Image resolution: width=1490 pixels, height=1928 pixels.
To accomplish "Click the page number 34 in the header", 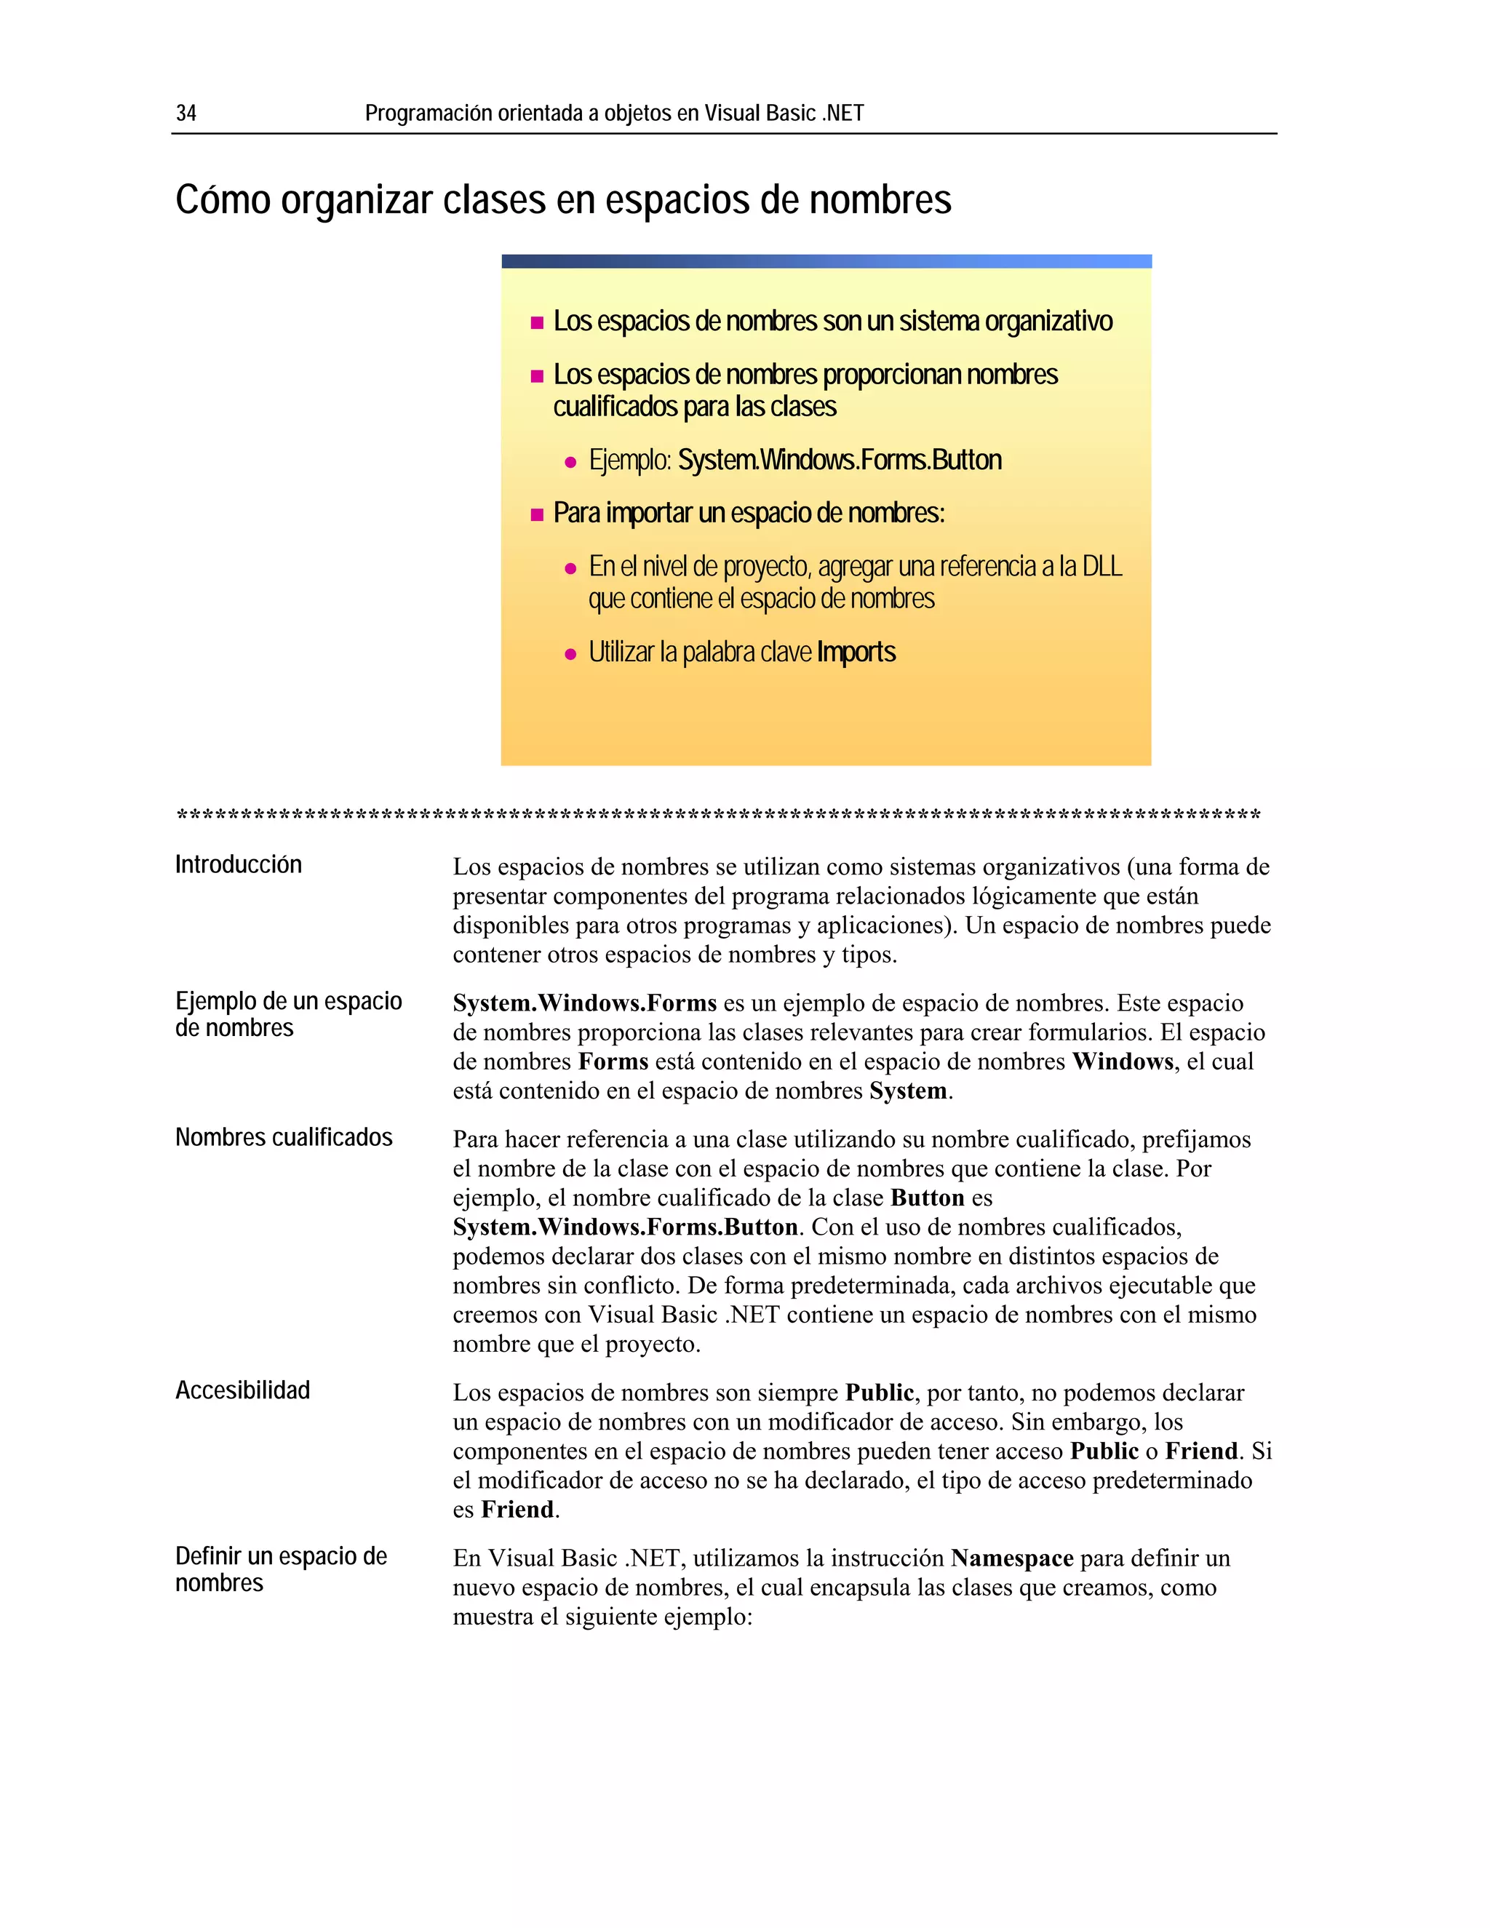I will click(186, 113).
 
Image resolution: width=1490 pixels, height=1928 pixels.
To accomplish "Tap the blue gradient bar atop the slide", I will click(826, 261).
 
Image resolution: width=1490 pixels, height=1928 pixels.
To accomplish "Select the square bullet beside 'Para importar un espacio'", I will click(537, 514).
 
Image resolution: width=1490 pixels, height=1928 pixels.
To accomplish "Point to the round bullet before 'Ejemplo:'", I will click(570, 463).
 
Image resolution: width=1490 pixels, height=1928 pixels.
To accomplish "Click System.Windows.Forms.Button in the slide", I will click(840, 460).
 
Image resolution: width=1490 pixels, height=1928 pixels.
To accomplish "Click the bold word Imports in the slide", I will click(856, 653).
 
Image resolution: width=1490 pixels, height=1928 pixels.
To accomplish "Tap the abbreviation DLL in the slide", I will click(1101, 567).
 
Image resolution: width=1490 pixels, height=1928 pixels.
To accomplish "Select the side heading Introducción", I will click(239, 864).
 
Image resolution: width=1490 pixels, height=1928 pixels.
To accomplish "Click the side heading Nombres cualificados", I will click(283, 1137).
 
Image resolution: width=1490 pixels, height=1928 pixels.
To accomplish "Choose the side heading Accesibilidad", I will click(243, 1390).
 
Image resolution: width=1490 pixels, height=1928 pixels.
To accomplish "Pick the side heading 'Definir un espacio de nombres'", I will click(281, 1569).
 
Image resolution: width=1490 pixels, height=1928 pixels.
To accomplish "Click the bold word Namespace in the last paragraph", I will click(1011, 1558).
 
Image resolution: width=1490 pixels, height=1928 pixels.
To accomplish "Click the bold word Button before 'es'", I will click(928, 1198).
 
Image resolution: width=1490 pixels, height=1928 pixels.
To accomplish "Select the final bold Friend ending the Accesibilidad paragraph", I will click(517, 1510).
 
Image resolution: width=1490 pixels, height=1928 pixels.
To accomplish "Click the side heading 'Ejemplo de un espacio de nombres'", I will click(288, 1014).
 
